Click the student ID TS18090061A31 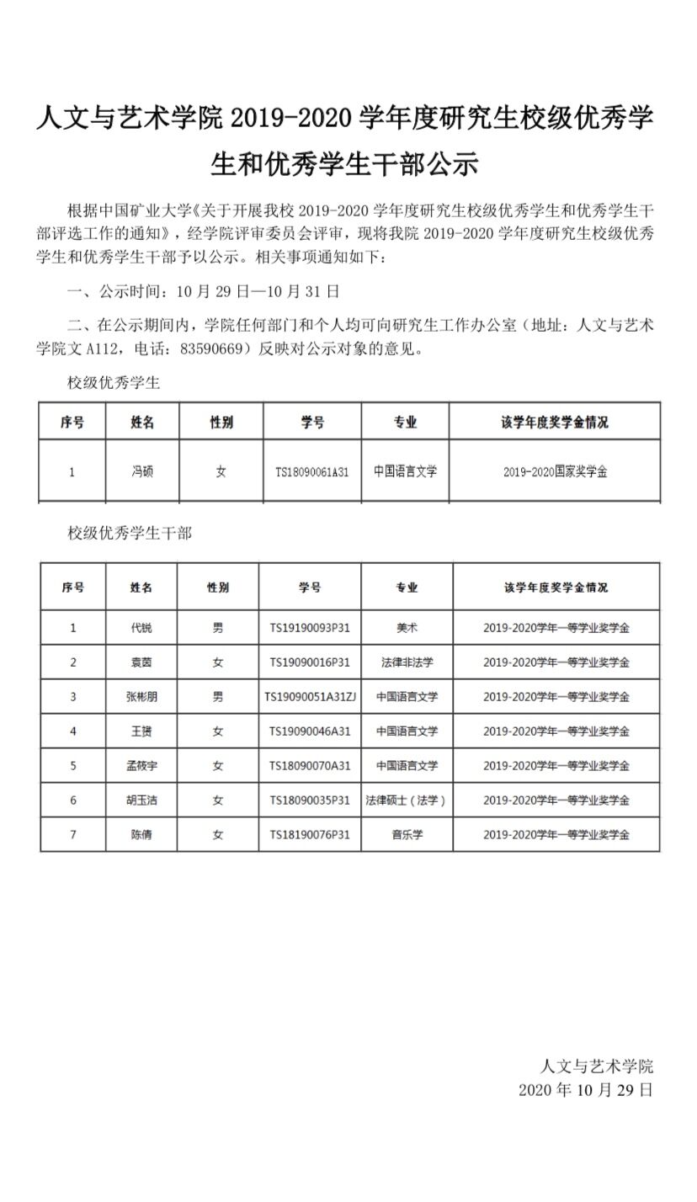click(311, 472)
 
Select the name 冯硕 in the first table click(142, 472)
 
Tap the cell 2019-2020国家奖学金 click(555, 472)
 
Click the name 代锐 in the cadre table click(141, 628)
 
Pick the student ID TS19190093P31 click(309, 628)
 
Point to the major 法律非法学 click(407, 662)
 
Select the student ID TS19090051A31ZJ click(310, 697)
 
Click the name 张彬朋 click(141, 697)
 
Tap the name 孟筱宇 click(141, 766)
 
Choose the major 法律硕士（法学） click(407, 800)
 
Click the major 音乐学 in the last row click(407, 835)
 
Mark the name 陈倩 click(141, 835)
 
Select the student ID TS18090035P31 click(309, 800)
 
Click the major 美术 click(407, 628)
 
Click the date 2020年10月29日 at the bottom click(585, 1090)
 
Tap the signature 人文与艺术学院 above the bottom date click(596, 1066)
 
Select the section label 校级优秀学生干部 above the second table click(130, 533)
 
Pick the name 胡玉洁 click(141, 800)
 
